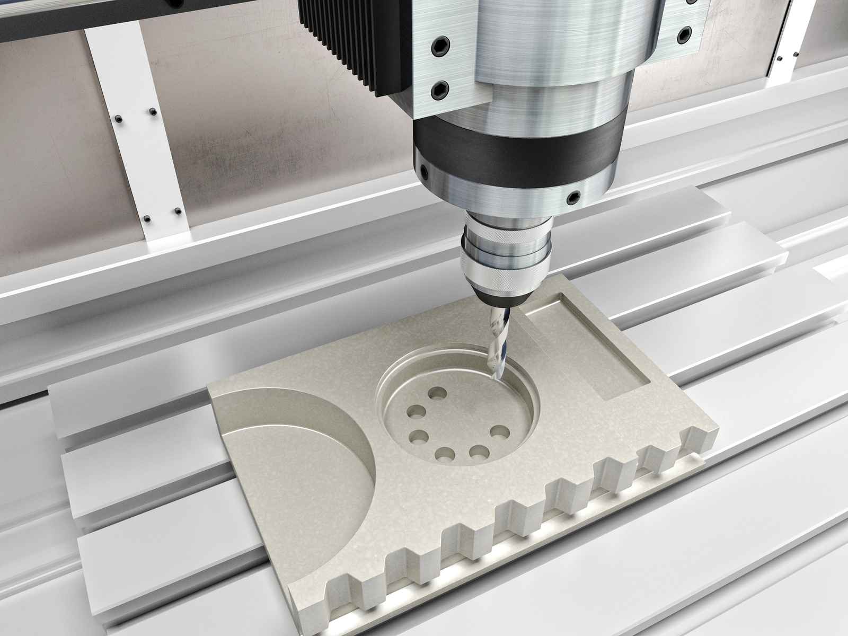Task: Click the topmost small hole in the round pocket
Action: pos(438,394)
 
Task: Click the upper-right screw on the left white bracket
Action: pos(152,112)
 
